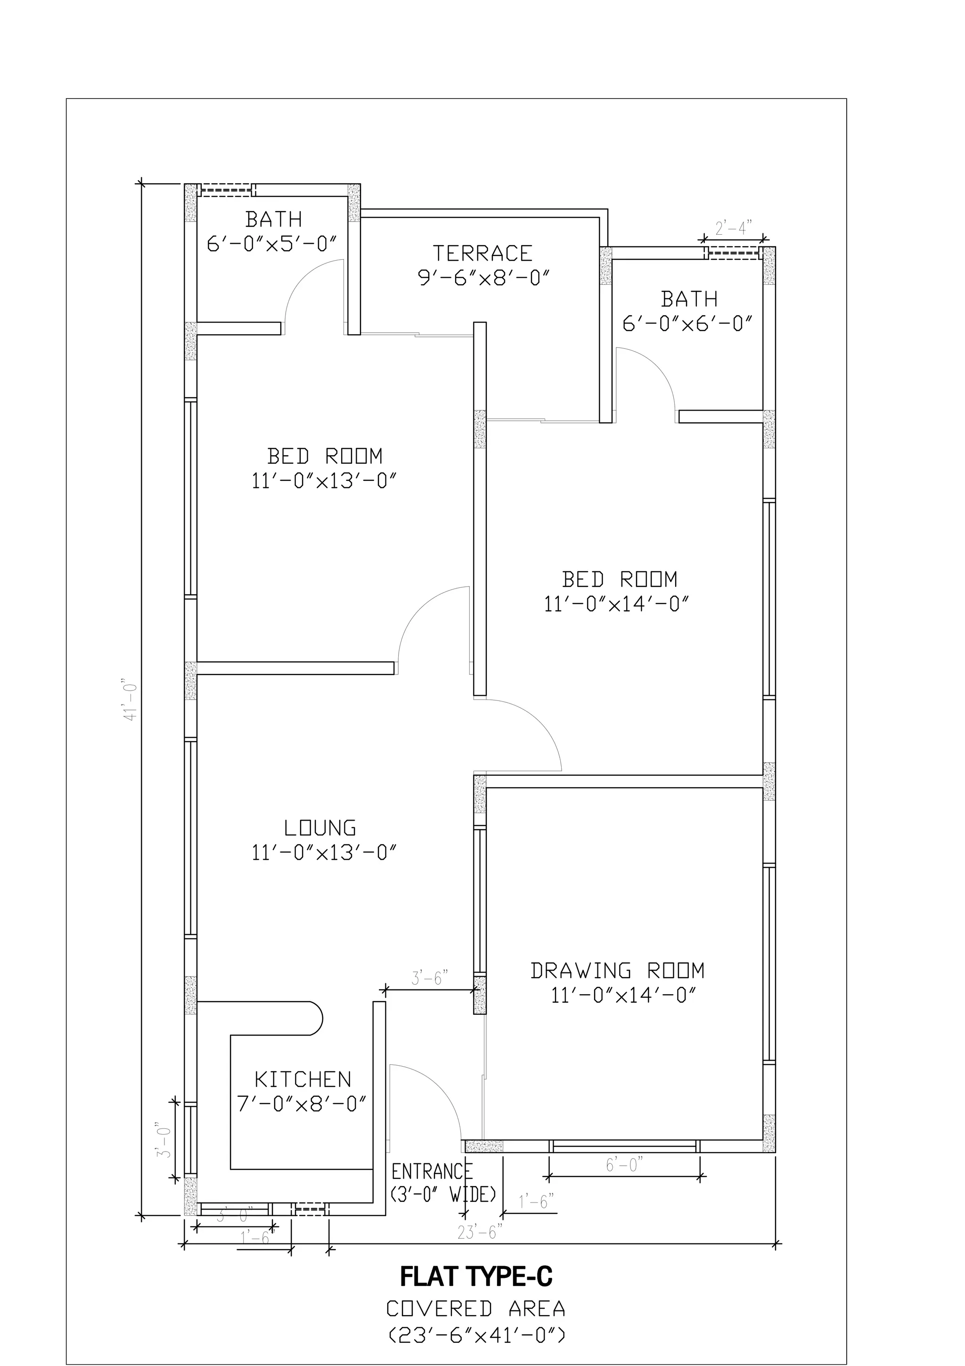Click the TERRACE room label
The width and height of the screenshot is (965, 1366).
482,254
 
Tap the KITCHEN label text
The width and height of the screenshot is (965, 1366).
303,1079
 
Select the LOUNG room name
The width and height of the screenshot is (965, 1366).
320,828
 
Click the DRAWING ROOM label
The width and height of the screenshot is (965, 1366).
618,971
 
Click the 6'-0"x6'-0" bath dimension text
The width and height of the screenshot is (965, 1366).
688,324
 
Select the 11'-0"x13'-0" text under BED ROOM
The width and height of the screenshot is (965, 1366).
324,481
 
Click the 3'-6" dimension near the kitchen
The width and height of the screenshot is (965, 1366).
429,978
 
